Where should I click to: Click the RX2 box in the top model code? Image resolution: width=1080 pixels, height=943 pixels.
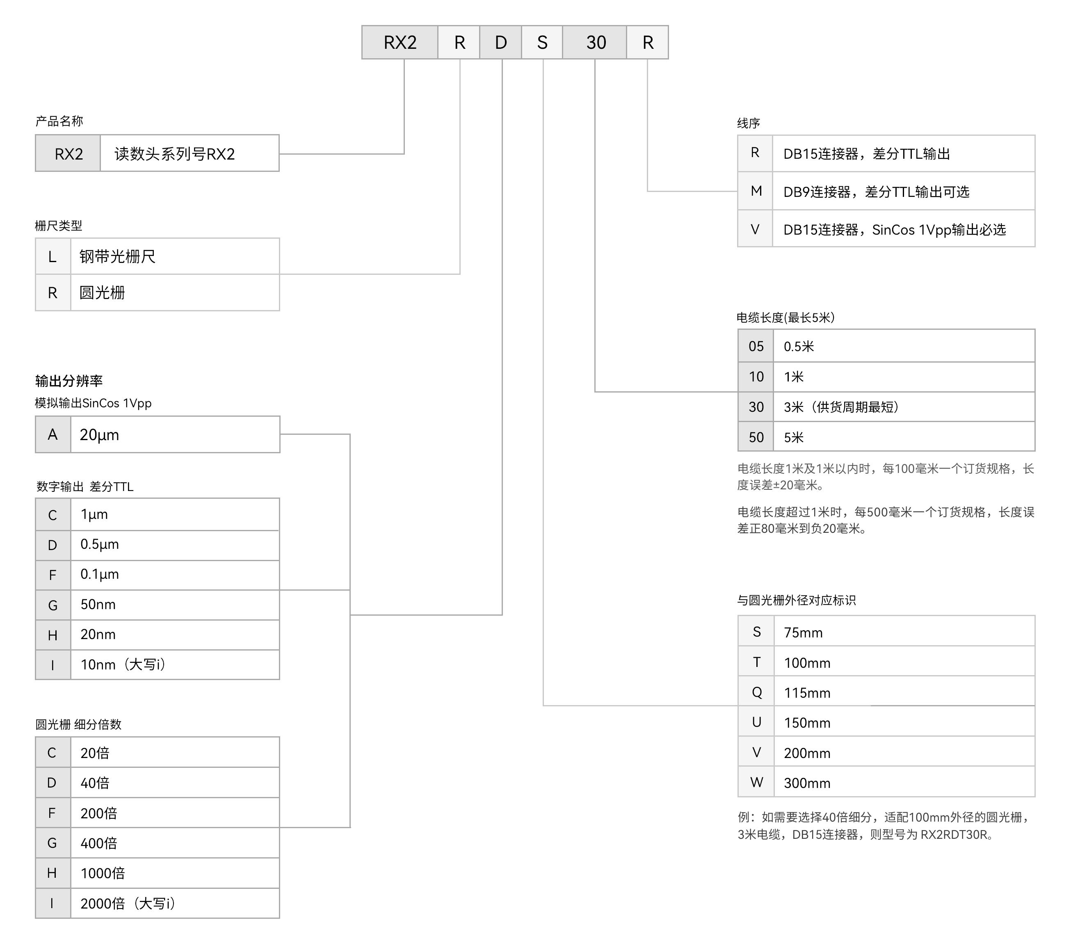pyautogui.click(x=400, y=42)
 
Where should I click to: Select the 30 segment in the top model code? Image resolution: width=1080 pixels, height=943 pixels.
pyautogui.click(x=595, y=42)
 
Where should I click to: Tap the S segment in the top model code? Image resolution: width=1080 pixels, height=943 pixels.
pyautogui.click(x=542, y=42)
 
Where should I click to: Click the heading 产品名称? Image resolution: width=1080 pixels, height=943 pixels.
pyautogui.click(x=59, y=121)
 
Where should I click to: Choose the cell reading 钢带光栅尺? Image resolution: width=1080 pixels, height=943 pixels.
pyautogui.click(x=175, y=256)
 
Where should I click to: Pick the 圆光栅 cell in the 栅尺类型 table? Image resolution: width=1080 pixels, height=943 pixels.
pyautogui.click(x=175, y=292)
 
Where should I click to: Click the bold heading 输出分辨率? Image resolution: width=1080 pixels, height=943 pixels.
pyautogui.click(x=69, y=381)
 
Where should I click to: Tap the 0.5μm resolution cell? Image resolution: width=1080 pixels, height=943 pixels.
pyautogui.click(x=175, y=545)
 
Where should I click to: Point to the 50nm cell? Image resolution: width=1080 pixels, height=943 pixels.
pyautogui.click(x=175, y=605)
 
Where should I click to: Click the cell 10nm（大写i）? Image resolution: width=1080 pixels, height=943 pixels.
pyautogui.click(x=175, y=664)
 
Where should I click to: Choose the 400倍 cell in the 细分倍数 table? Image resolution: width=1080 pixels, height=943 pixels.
pyautogui.click(x=175, y=843)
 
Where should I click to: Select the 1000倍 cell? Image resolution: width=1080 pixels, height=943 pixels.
pyautogui.click(x=175, y=873)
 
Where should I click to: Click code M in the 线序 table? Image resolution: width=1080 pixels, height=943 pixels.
pyautogui.click(x=756, y=191)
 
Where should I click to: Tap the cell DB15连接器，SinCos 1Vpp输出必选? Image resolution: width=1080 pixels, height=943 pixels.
pyautogui.click(x=904, y=229)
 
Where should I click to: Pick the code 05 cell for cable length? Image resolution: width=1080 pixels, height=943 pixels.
pyautogui.click(x=756, y=346)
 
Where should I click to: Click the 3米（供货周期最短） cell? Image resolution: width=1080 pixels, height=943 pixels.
pyautogui.click(x=904, y=407)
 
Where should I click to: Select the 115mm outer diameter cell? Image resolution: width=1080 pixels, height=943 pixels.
pyautogui.click(x=904, y=692)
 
